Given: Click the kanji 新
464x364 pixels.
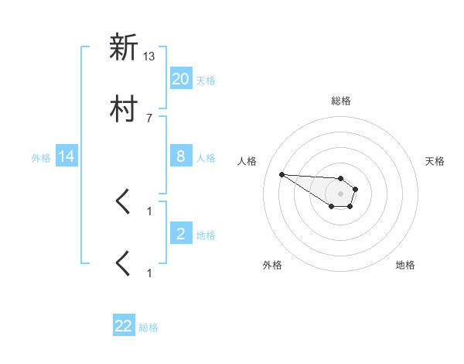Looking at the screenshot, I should coord(124,48).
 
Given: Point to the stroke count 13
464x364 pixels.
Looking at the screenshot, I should coord(149,57).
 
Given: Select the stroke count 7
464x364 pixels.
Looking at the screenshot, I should coord(149,118).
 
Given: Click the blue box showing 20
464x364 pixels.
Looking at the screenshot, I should coord(181,78).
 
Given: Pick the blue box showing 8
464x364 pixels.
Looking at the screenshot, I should coord(181,156).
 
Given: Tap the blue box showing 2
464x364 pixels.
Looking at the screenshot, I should coord(181,234).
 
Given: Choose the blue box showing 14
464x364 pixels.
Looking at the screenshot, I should coord(67,156).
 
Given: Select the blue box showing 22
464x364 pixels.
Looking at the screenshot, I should coord(124,326).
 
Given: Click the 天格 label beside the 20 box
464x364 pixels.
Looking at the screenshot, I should coord(206,80).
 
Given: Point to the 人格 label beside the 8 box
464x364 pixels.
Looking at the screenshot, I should coord(206,157).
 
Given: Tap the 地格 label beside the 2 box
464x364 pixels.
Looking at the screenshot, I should coord(206,235).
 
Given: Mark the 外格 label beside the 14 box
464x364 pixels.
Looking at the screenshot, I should coord(41,157).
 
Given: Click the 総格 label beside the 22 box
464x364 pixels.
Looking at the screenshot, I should coord(148,328).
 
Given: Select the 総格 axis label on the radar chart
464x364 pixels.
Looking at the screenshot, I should coord(341,101).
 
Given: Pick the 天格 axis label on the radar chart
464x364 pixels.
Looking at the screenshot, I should coord(435,161).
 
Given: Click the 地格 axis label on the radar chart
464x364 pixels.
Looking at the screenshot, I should coord(405,265).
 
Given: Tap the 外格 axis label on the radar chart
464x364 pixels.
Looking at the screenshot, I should coord(272,265).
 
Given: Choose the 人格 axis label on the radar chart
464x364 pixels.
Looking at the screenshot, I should coord(247,161).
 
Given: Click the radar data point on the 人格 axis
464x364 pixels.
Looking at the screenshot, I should coord(281,174).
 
